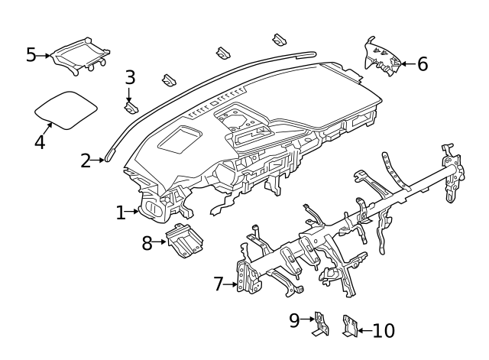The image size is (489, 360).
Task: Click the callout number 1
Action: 121,212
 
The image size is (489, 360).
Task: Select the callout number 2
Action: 86,161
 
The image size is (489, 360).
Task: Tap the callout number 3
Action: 130,77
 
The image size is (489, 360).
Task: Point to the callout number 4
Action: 39,141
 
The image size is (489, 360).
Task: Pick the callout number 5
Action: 31,54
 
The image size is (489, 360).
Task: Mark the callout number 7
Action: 219,284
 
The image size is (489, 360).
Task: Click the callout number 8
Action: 147,243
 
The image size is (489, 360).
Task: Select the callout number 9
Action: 295,321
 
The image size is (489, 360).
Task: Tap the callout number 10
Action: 384,331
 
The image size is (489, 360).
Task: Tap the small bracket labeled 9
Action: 320,324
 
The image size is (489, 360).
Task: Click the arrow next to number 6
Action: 406,64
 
